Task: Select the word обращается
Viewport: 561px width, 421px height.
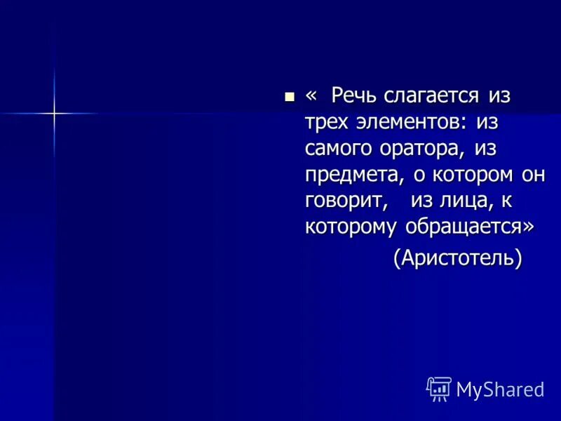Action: (463, 227)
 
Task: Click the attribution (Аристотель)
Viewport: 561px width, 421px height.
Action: (458, 258)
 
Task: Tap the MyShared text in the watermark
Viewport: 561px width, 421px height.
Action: (500, 389)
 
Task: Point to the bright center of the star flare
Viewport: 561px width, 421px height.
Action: (54, 113)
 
